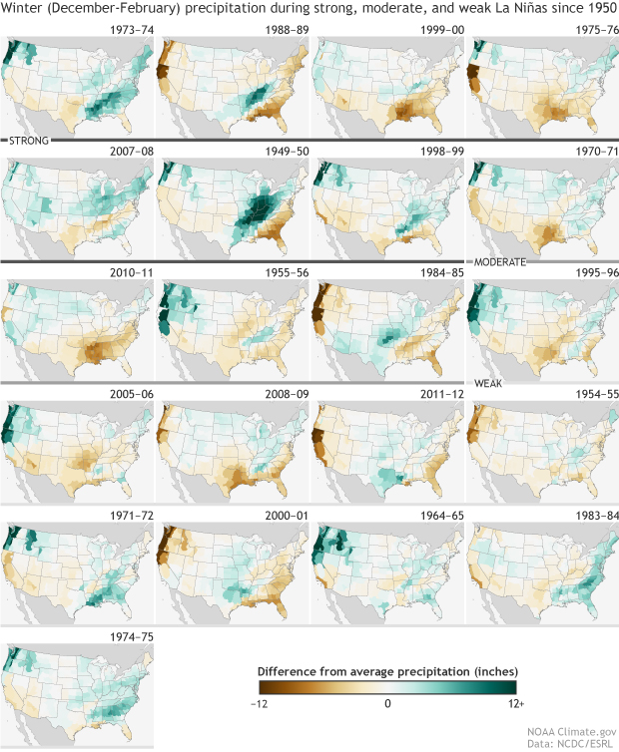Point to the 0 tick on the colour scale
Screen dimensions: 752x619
387,703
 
